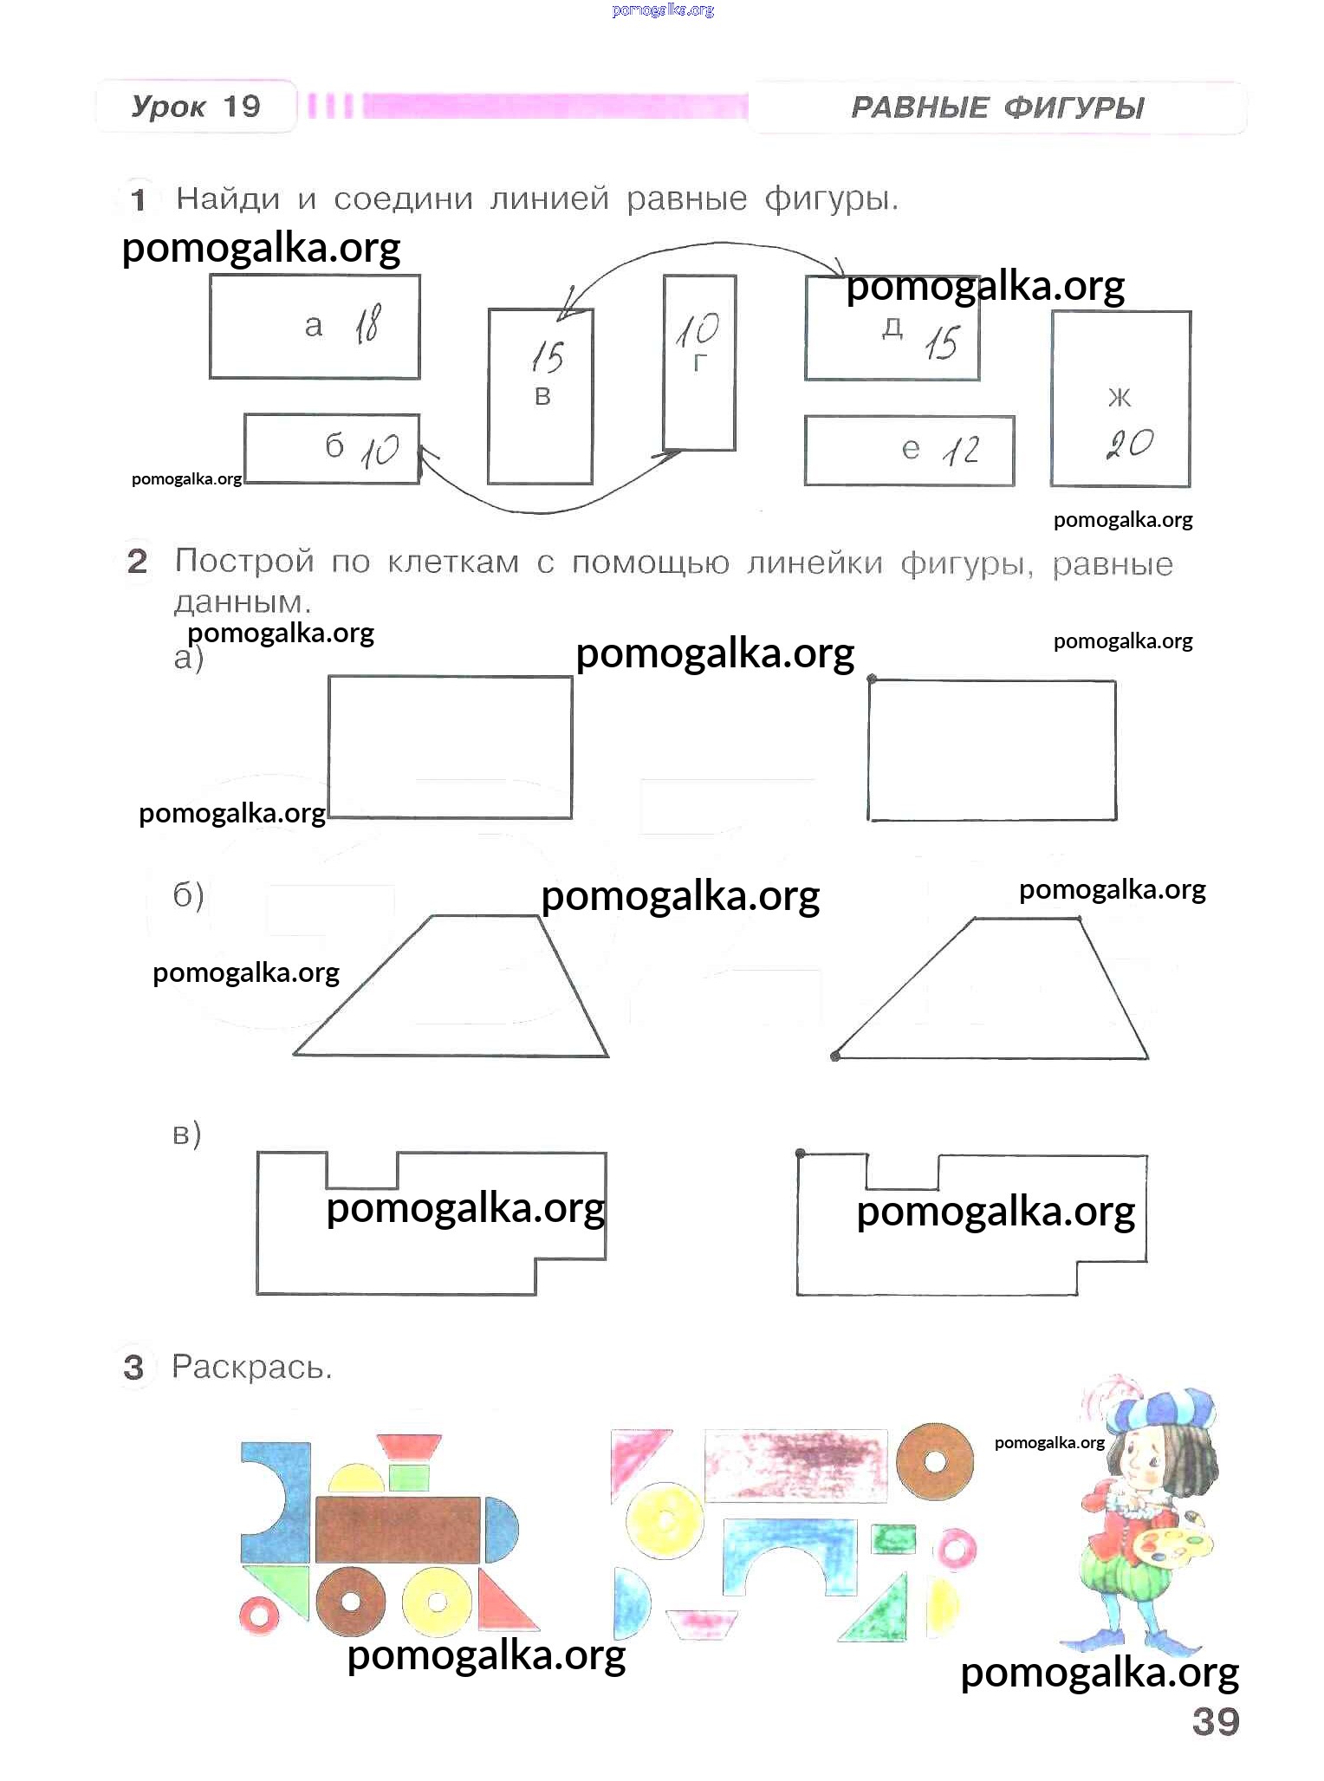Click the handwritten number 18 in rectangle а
[x=367, y=325]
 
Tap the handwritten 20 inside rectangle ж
[x=1130, y=445]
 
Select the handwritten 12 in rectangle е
[x=962, y=451]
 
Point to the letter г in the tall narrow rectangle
[x=700, y=363]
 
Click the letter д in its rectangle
[x=892, y=327]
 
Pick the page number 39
[x=1216, y=1721]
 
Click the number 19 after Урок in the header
[x=242, y=107]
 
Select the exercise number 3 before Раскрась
[x=133, y=1367]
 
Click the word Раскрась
[x=251, y=1367]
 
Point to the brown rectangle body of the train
[x=398, y=1529]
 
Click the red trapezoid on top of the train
[x=409, y=1446]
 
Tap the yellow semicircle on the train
[x=356, y=1478]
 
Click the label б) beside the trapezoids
[x=188, y=894]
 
